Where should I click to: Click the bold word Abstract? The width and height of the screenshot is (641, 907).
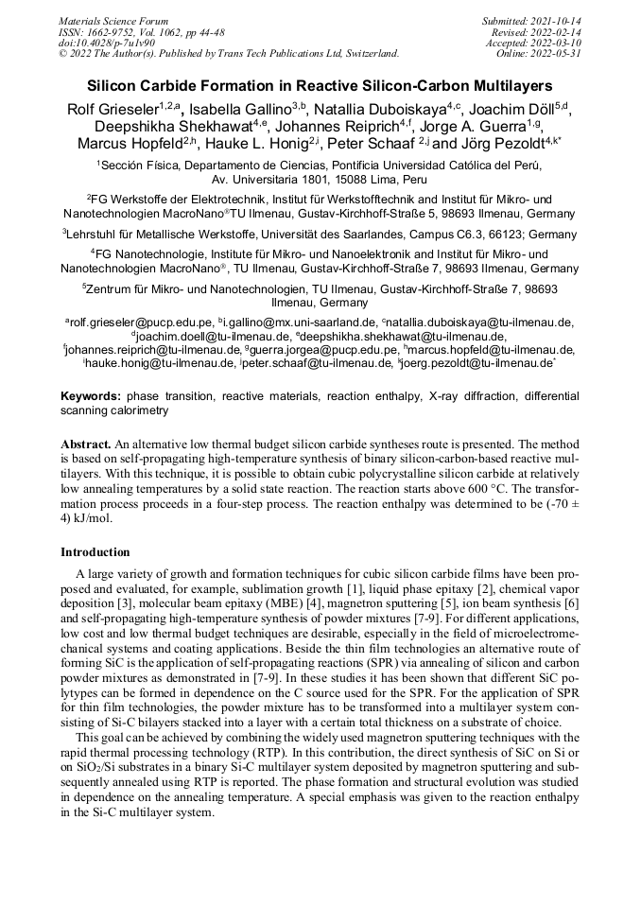click(85, 444)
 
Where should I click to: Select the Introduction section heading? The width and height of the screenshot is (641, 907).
click(95, 552)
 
